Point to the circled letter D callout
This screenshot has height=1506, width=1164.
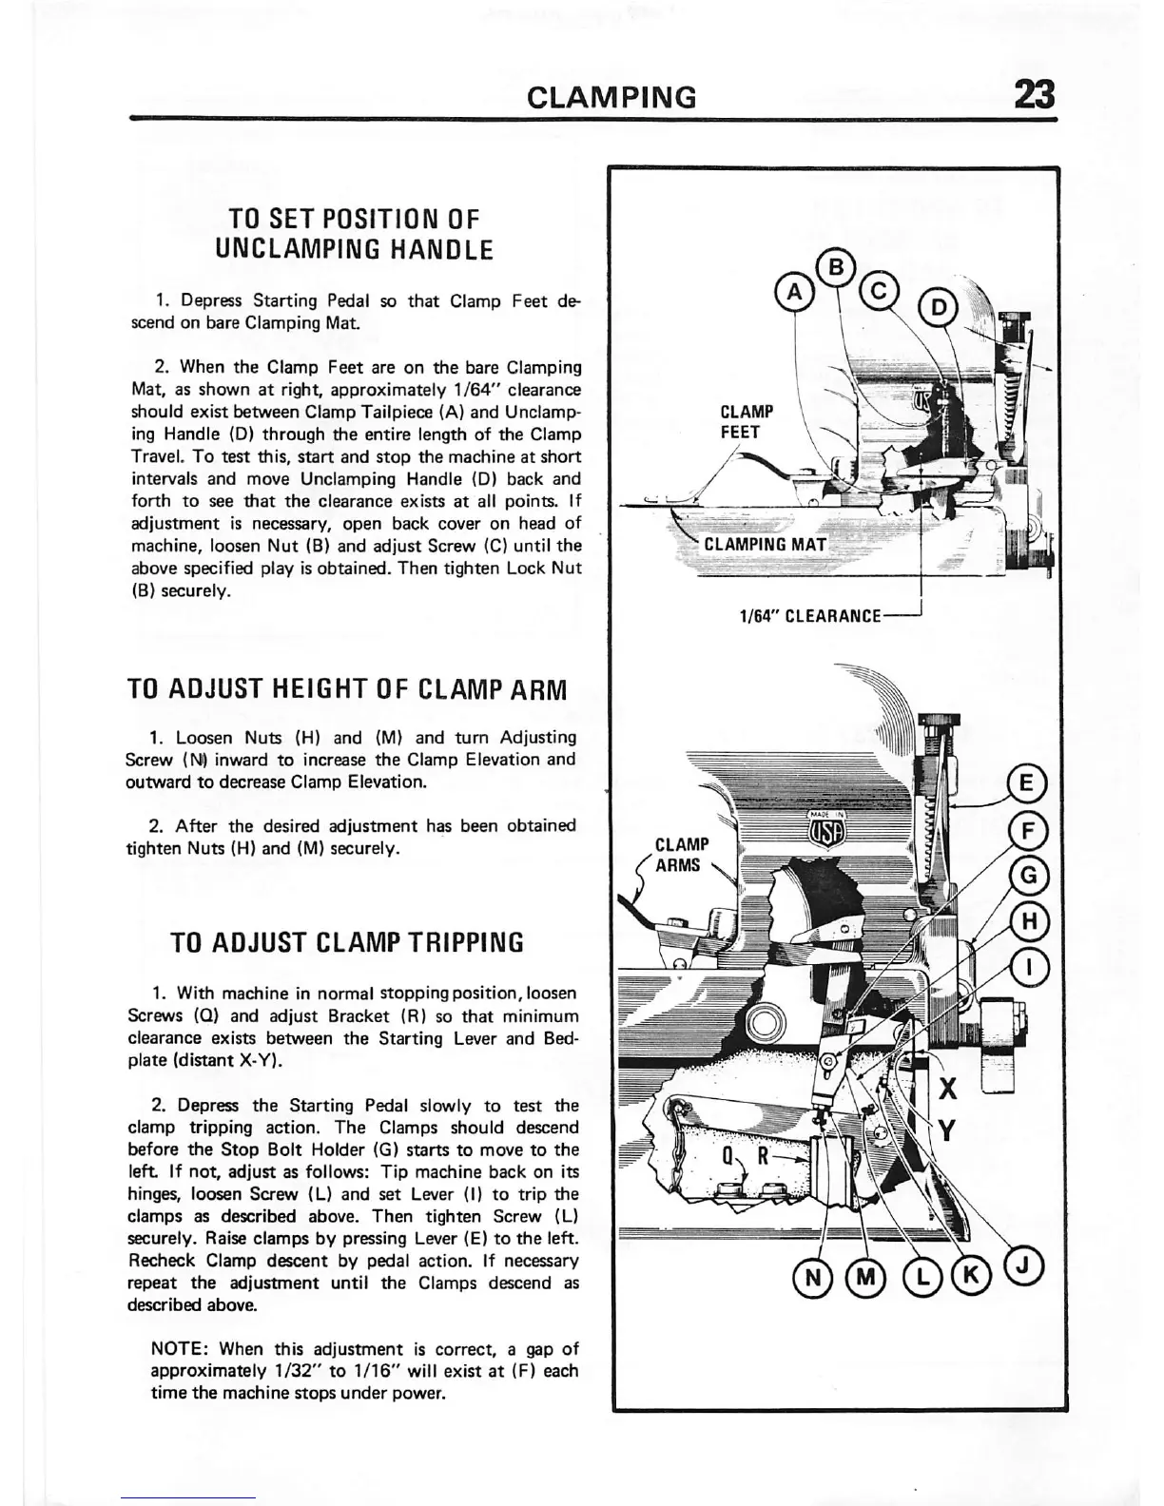pyautogui.click(x=940, y=306)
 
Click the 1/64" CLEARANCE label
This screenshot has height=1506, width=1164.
pyautogui.click(x=811, y=616)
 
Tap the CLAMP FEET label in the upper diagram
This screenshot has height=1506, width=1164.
pyautogui.click(x=747, y=421)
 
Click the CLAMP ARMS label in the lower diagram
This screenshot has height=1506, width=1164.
pyautogui.click(x=682, y=855)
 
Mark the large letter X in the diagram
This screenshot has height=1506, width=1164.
pyautogui.click(x=948, y=1089)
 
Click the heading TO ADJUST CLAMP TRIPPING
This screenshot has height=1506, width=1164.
pyautogui.click(x=346, y=943)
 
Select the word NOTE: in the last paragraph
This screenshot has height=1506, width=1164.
pyautogui.click(x=179, y=1349)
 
